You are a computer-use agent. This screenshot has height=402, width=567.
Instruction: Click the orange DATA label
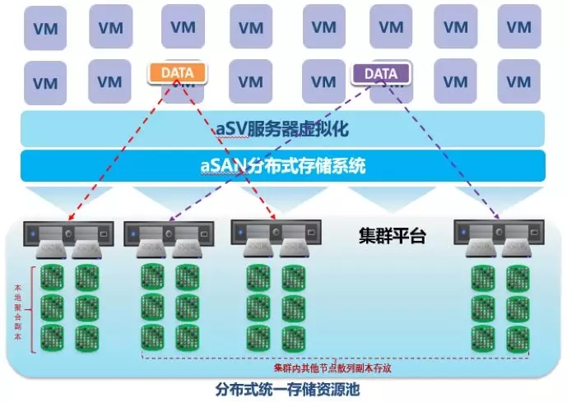pyautogui.click(x=177, y=72)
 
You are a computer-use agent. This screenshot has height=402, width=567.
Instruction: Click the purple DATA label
pyautogui.click(x=381, y=73)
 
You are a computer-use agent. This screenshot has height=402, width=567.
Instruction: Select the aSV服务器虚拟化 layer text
pyautogui.click(x=282, y=128)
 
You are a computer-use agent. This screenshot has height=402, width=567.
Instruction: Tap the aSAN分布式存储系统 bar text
pyautogui.click(x=282, y=165)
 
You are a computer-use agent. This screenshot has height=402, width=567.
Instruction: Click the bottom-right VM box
pyautogui.click(x=518, y=82)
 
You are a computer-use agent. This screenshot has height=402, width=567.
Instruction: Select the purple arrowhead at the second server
pyautogui.click(x=170, y=220)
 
